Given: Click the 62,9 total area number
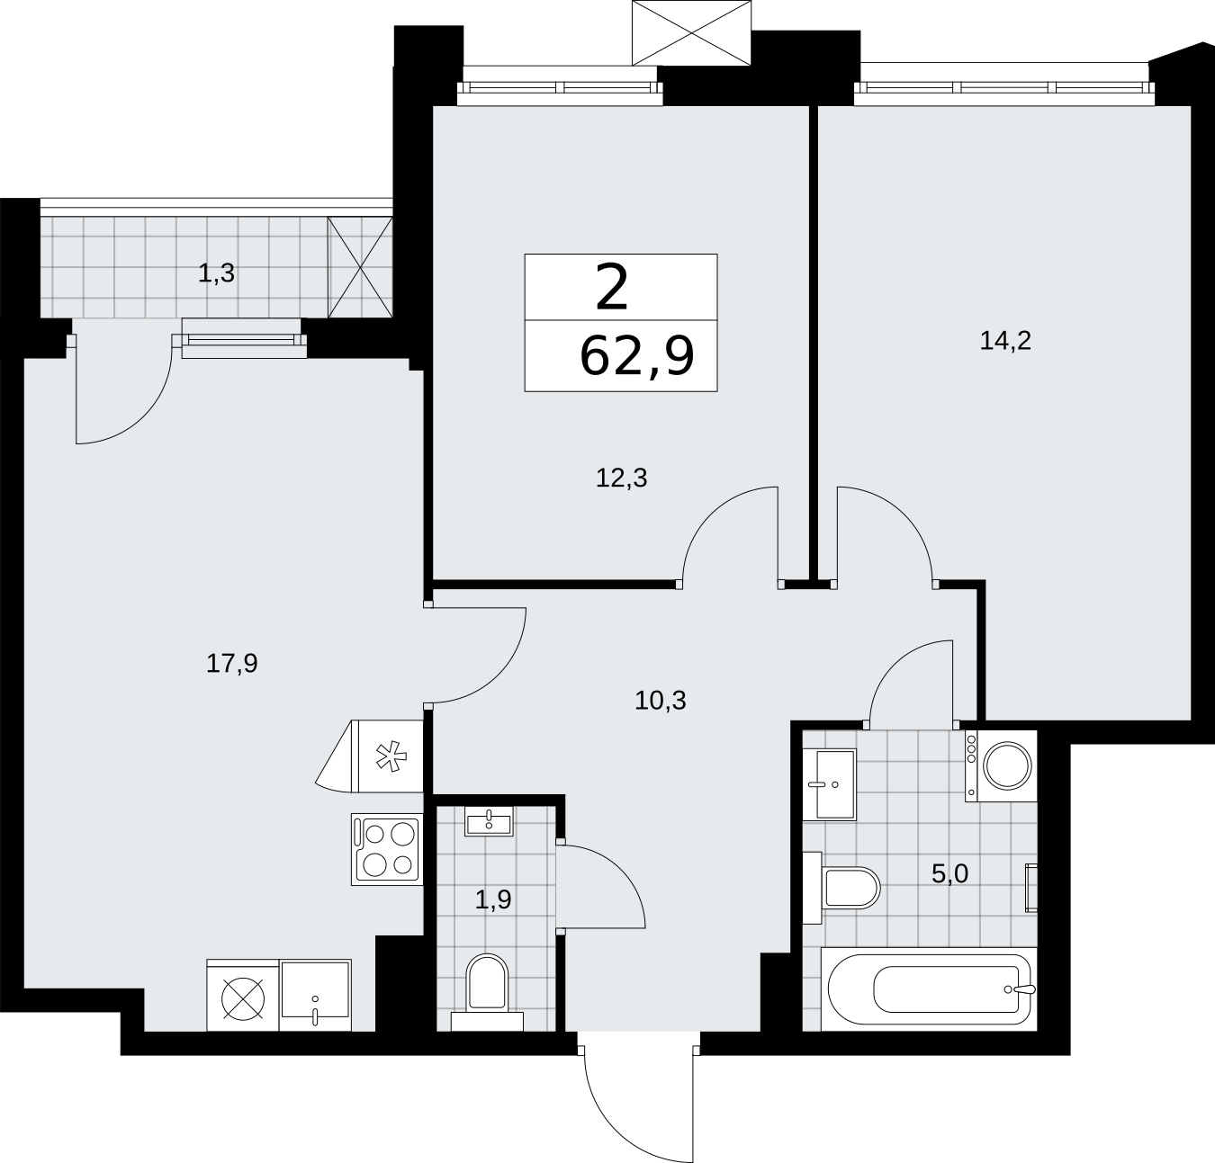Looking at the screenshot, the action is [637, 356].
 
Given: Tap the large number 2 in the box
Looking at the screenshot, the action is [612, 287].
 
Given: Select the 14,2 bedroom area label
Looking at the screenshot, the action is [1005, 341].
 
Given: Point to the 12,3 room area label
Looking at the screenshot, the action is [621, 479].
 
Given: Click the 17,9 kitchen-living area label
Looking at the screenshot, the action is [231, 663].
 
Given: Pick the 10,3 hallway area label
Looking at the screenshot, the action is [660, 701].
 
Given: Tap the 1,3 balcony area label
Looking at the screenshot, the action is [216, 273].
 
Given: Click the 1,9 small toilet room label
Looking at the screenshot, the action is [493, 899].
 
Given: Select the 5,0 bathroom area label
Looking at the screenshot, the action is [949, 874].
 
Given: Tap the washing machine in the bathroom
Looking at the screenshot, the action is [1000, 765].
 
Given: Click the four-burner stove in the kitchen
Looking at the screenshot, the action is [387, 849].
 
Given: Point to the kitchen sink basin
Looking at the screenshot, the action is [315, 995].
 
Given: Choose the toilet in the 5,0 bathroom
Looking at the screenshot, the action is [841, 888].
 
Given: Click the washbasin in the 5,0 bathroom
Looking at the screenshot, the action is [829, 783].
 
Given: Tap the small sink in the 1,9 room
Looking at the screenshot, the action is [488, 820].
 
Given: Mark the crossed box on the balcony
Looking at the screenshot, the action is [360, 268].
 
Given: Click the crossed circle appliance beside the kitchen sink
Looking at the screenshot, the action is [243, 995].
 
